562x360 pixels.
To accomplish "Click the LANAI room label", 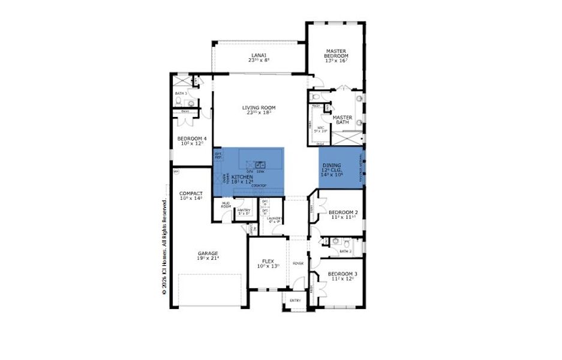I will (259, 55).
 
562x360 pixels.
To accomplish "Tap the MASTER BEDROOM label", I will (336, 53).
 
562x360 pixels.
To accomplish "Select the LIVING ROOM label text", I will (259, 108).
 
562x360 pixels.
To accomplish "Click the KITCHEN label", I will (242, 178).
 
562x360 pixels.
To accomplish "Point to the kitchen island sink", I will (261, 164).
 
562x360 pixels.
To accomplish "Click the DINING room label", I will (331, 165).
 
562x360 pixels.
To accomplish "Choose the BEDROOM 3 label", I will (342, 274).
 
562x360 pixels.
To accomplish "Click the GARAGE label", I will (208, 253).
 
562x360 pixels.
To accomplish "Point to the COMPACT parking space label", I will (191, 194).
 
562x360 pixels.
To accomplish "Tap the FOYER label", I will (298, 263).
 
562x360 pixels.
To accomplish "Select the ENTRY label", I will (295, 301).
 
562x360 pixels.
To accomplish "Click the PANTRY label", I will (244, 210).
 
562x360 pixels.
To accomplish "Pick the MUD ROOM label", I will (226, 205).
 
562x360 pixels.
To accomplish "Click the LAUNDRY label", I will (274, 218).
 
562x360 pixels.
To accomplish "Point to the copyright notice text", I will (163, 246).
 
